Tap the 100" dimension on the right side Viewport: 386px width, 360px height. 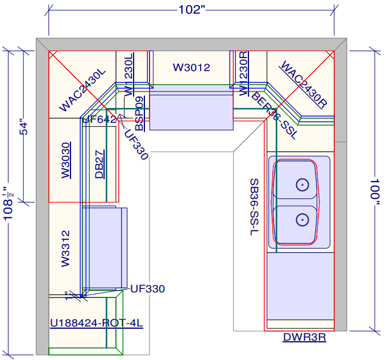pos(375,189)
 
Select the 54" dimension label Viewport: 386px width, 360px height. pos(23,126)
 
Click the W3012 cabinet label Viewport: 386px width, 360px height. pos(192,68)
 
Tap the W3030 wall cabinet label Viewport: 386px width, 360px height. pos(66,160)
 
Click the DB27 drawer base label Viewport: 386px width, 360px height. pos(99,164)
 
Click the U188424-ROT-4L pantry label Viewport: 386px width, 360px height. pos(96,324)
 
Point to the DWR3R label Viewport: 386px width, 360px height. pos(304,337)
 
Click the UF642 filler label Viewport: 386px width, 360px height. pos(99,119)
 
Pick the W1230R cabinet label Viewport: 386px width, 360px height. pos(243,73)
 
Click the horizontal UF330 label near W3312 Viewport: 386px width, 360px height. pos(147,289)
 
